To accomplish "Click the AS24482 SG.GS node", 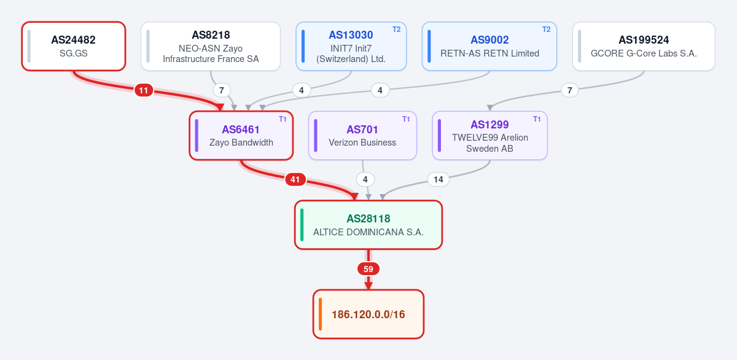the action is pos(74,46).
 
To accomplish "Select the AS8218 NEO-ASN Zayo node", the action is pos(211,46).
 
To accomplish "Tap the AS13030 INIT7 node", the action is pos(351,46).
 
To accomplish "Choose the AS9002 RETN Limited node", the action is pos(489,46).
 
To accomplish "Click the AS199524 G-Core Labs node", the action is pos(644,46).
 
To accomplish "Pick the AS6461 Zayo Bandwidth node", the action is pos(241,136).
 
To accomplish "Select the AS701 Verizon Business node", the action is pos(362,136).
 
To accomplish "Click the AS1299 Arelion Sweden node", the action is pos(489,136).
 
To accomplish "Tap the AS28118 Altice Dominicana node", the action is pos(368,225).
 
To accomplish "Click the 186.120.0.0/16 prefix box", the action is pos(368,315).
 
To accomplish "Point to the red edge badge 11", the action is pos(144,90).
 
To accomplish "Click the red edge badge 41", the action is pos(295,179).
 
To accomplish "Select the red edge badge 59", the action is pos(368,269).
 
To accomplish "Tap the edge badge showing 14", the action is pos(439,179).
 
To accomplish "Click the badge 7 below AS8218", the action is pos(222,90).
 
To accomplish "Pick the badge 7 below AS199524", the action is pos(569,90).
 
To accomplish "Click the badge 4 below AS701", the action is pos(365,179).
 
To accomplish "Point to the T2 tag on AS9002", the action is pos(546,29).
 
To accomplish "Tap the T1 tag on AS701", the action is pos(406,119).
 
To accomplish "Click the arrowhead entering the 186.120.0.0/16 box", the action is pos(368,286).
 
